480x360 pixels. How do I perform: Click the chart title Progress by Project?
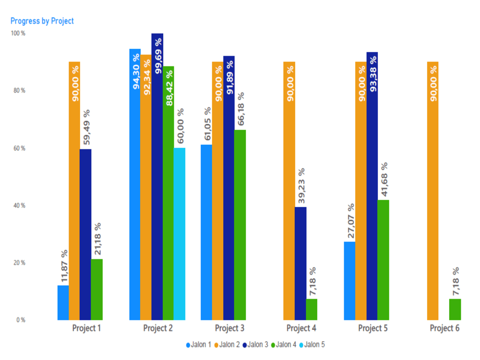tap(42, 21)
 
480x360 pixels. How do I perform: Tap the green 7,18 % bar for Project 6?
tap(455, 309)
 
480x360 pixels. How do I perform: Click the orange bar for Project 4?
tap(289, 192)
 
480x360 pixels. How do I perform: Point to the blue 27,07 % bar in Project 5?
tap(349, 280)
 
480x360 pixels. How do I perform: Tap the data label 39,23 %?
tap(301, 186)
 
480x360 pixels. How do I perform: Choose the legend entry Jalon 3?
tap(255, 344)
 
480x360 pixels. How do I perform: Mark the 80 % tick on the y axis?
tap(19, 91)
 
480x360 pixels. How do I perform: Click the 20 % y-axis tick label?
tap(19, 263)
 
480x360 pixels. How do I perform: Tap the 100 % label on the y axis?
tap(18, 34)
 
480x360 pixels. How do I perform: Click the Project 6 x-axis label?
tap(444, 329)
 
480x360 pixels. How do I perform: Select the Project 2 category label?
tap(158, 329)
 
